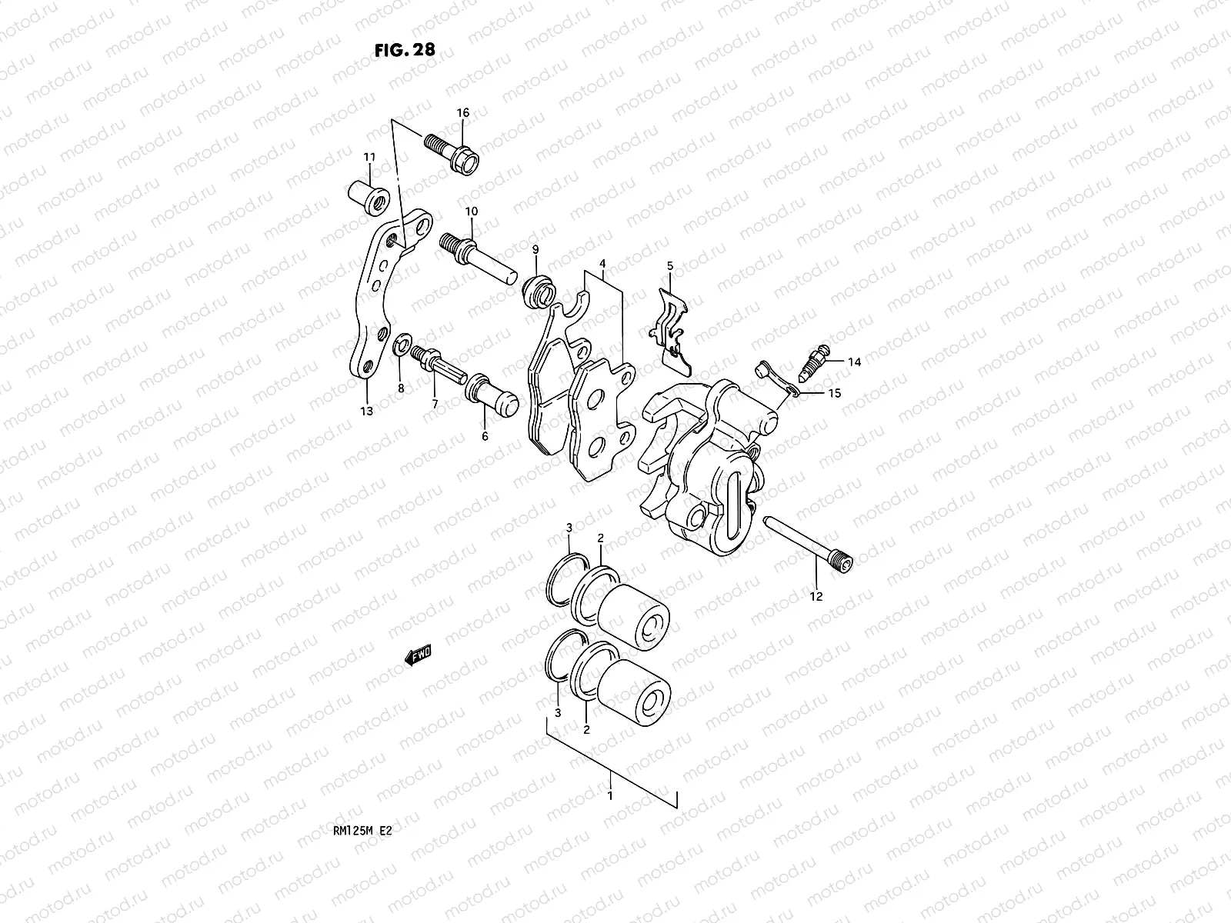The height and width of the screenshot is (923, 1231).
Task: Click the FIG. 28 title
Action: click(405, 50)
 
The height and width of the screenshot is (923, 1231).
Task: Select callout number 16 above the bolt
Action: click(462, 113)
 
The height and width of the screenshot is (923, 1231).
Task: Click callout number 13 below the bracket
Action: click(366, 412)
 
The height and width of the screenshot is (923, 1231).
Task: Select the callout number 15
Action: click(835, 393)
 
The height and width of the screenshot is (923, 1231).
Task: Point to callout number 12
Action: click(816, 596)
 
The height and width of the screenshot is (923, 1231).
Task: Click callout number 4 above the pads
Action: click(603, 264)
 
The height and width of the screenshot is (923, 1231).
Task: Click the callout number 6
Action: click(485, 435)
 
